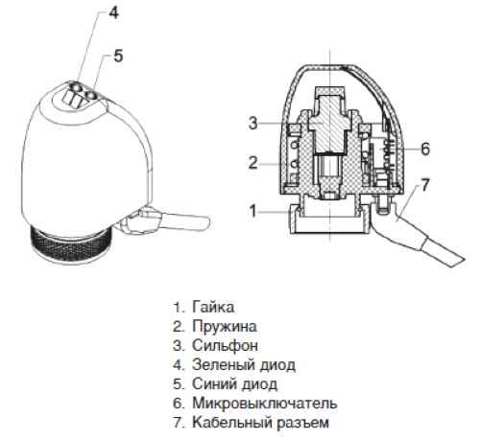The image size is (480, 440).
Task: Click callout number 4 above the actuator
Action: [113, 13]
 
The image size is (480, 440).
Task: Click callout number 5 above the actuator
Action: [118, 56]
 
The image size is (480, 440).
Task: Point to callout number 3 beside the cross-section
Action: [252, 123]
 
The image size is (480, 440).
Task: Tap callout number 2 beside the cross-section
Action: [252, 163]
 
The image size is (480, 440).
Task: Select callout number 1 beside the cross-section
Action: [253, 211]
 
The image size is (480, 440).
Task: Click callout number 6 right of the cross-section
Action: [425, 149]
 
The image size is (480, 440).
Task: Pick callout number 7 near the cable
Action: [424, 185]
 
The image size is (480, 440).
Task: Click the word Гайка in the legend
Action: [213, 308]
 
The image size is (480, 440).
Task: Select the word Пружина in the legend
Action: [225, 327]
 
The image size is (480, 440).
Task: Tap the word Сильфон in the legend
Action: [225, 346]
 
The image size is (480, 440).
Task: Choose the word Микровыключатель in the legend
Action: [265, 404]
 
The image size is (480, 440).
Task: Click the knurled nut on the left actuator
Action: [72, 243]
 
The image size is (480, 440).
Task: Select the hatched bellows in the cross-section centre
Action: [329, 123]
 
